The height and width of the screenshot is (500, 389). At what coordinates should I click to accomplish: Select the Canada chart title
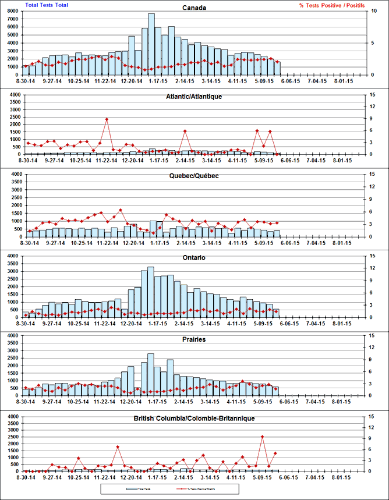pos(194,8)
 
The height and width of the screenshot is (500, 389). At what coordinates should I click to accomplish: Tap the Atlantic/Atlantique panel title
pos(194,96)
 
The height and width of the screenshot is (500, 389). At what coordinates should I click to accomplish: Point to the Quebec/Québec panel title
pos(194,176)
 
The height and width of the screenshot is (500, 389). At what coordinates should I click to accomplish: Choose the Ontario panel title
pos(194,257)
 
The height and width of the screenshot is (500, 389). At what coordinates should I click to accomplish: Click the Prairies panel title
pos(194,339)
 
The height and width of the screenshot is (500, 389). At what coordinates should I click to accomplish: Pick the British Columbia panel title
pos(194,418)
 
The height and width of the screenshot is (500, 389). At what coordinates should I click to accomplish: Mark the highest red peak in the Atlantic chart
pos(107,119)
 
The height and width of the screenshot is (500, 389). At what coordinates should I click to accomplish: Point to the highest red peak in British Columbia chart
pos(263,437)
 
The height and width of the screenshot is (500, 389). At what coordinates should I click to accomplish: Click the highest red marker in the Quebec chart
pos(121,210)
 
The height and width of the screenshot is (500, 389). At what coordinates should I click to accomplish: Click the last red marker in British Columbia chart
pos(275,453)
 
